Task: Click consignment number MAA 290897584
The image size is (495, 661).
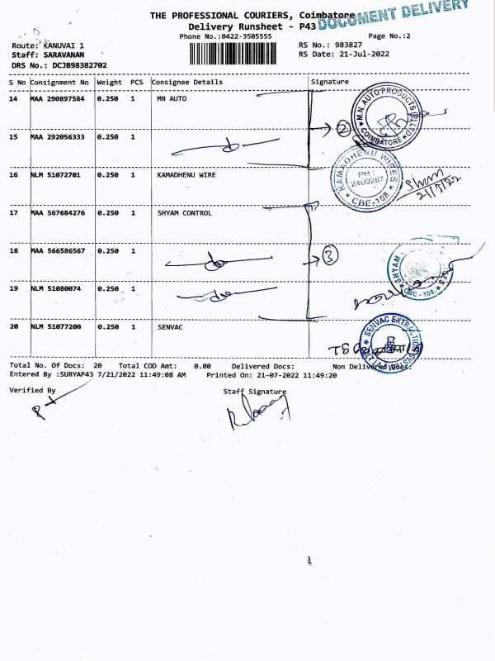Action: pyautogui.click(x=59, y=99)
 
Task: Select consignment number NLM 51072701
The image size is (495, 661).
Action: pyautogui.click(x=59, y=175)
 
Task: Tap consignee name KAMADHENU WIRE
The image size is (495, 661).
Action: pyautogui.click(x=186, y=175)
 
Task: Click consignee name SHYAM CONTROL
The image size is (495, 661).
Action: pyautogui.click(x=184, y=213)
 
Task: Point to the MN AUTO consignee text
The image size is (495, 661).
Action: pyautogui.click(x=170, y=99)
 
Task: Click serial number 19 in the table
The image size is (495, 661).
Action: pyautogui.click(x=13, y=289)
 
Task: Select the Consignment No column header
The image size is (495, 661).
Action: pyautogui.click(x=60, y=83)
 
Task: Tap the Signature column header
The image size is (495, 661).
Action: pyautogui.click(x=330, y=83)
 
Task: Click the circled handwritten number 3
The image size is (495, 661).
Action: pyautogui.click(x=329, y=256)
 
